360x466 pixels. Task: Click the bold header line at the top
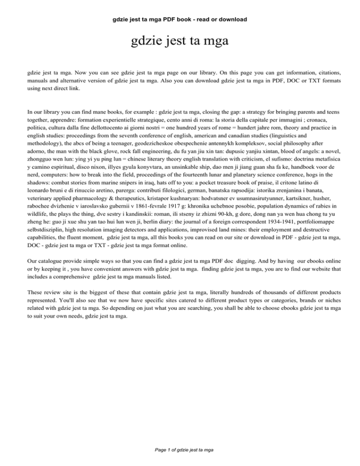(180, 20)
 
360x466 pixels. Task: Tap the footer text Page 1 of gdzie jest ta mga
(180, 450)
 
